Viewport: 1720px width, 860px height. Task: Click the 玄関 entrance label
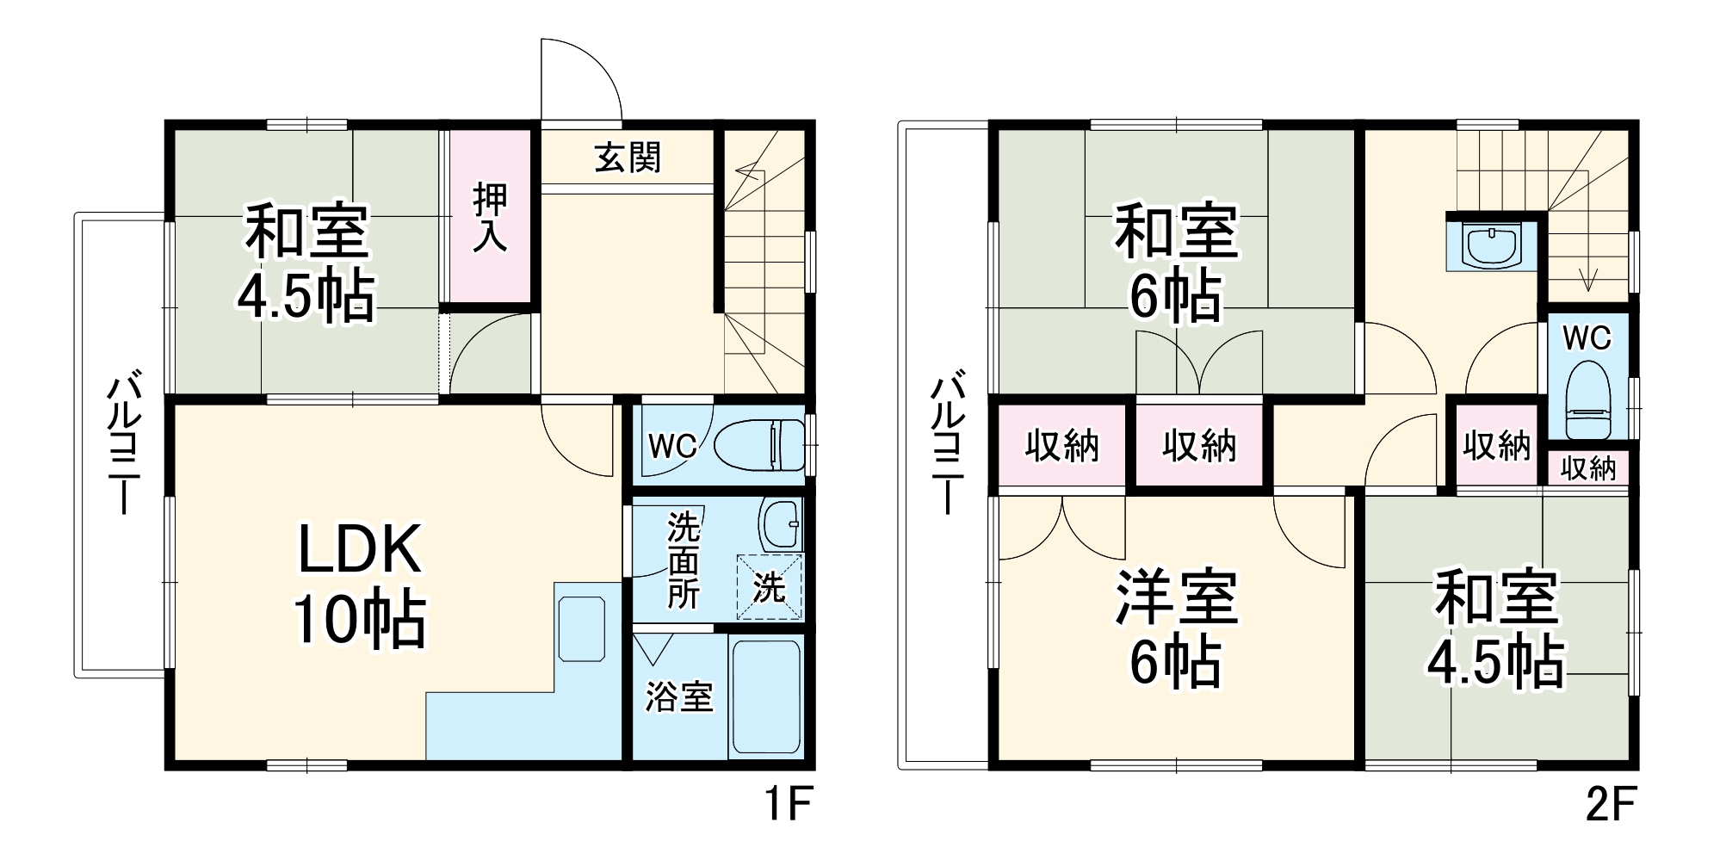click(x=628, y=158)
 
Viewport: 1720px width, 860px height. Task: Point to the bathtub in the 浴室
click(x=766, y=696)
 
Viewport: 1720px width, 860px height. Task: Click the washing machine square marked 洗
click(x=769, y=588)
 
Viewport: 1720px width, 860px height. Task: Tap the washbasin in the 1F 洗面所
click(x=782, y=523)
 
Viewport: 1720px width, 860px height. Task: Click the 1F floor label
click(x=788, y=805)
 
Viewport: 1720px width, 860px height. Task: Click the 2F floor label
click(x=1610, y=805)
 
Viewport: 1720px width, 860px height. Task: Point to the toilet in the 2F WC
click(x=1587, y=401)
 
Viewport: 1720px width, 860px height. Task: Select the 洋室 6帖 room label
click(x=1176, y=628)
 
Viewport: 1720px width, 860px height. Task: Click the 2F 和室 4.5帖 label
click(x=1496, y=628)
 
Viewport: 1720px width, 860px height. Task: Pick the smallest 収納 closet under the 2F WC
click(x=1588, y=469)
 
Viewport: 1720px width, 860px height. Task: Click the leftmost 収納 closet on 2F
click(x=1061, y=446)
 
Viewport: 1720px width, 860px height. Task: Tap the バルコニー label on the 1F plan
click(x=124, y=443)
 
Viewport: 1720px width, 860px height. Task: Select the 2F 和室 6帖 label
click(x=1176, y=263)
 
